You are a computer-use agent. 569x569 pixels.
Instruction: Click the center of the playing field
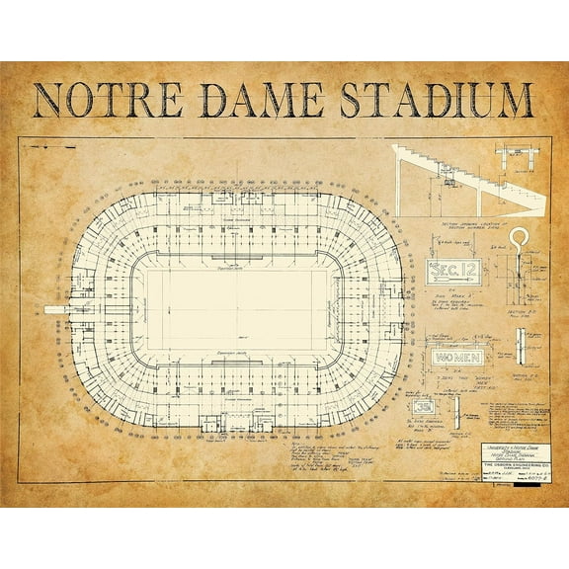click(x=237, y=310)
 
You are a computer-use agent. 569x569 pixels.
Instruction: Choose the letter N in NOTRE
click(x=47, y=103)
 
